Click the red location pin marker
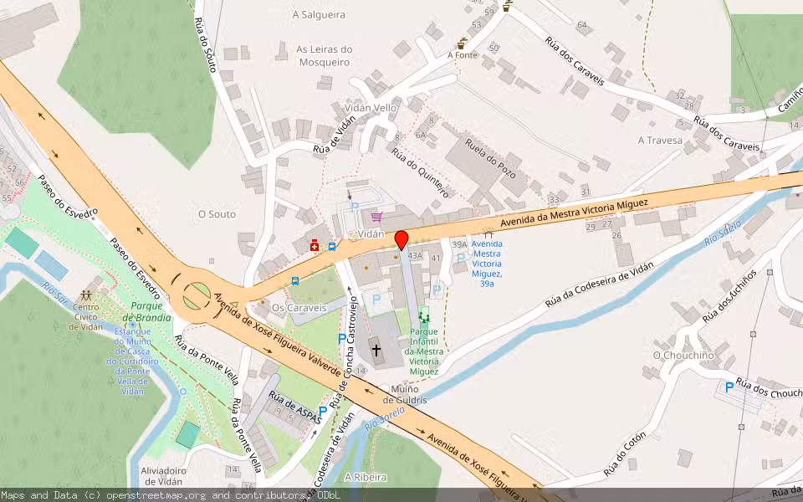point(401,240)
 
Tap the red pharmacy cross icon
point(315,245)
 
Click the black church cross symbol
point(376,350)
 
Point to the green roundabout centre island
point(197,293)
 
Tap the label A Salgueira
point(320,14)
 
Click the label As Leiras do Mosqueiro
point(324,55)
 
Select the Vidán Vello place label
point(371,108)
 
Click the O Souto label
point(217,214)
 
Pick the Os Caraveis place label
point(299,308)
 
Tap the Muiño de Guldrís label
point(405,394)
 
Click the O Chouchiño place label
point(683,355)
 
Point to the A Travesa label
point(660,141)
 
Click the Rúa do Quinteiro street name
point(421,173)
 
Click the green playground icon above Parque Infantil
point(423,315)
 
